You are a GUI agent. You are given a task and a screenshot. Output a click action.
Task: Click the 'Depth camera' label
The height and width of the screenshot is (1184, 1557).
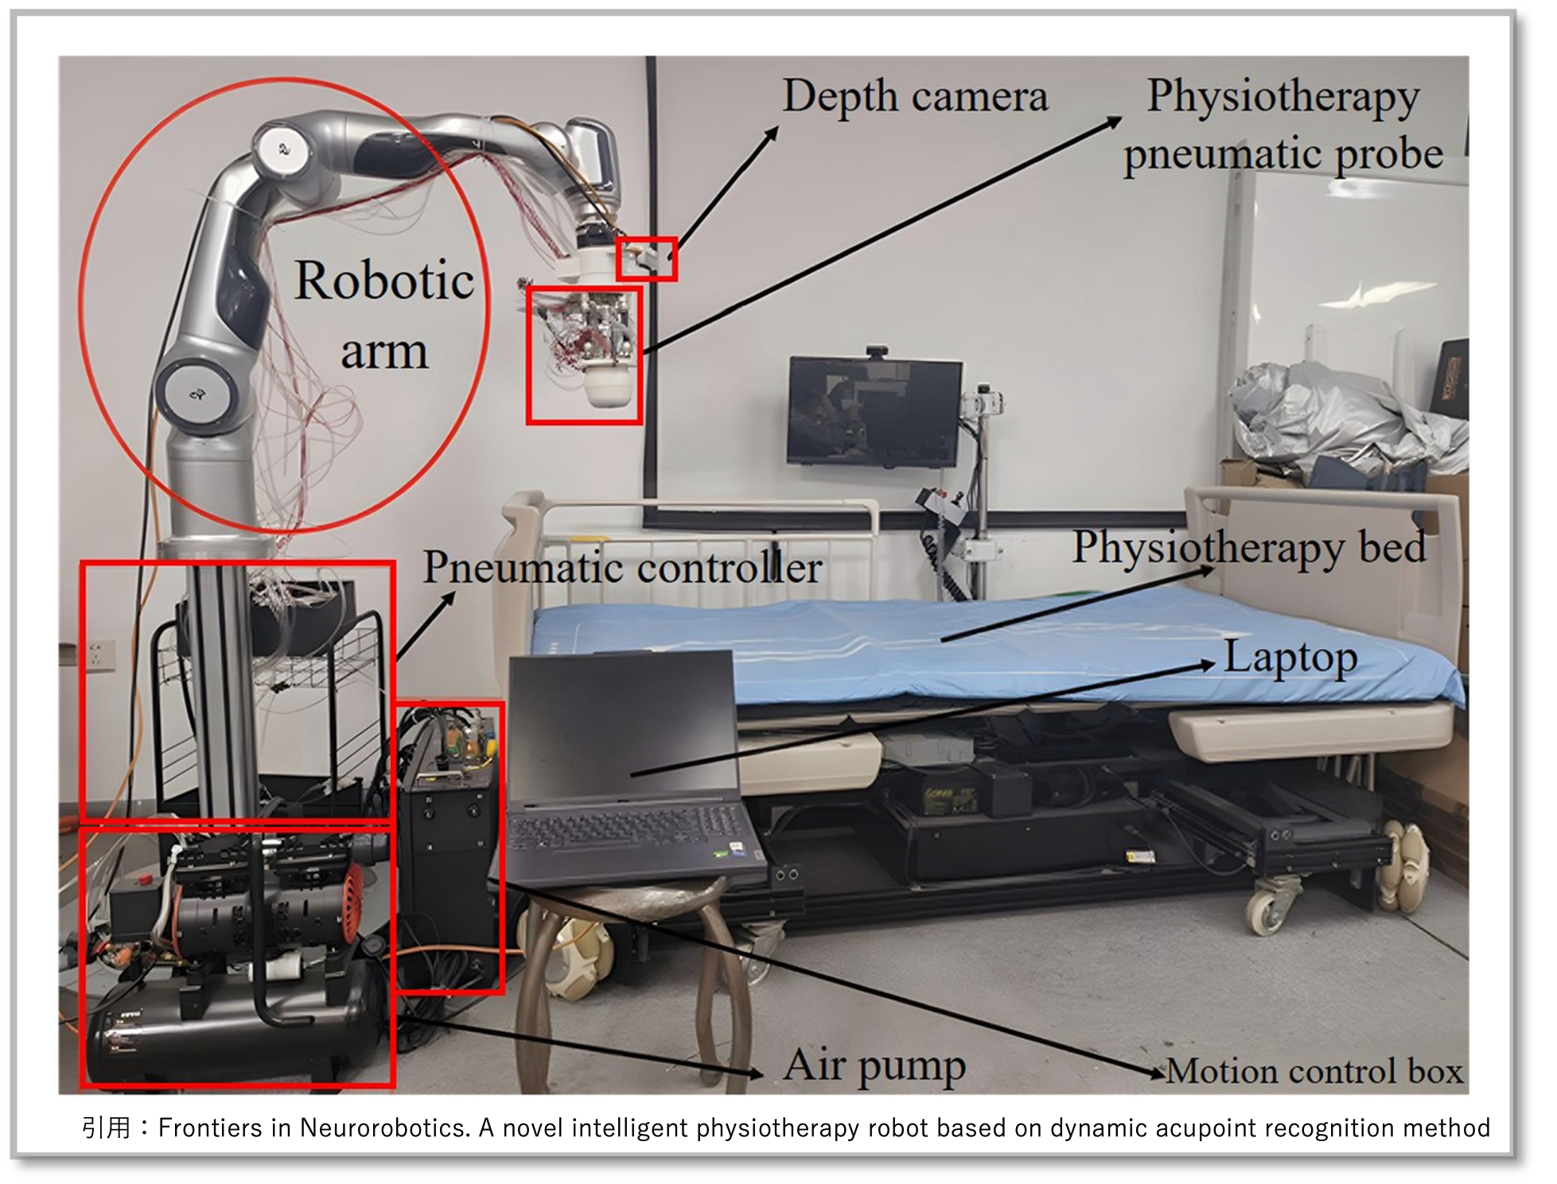click(x=915, y=97)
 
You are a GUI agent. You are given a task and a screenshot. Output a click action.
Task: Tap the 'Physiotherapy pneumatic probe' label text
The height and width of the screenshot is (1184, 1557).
click(x=1283, y=125)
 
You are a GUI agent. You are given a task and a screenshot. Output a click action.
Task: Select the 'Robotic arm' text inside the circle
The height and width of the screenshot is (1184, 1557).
click(x=383, y=315)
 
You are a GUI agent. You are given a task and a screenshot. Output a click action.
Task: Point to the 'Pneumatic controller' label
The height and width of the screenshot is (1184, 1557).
click(x=621, y=568)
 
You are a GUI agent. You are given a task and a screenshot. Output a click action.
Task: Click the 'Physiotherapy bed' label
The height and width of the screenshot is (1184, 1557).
click(x=1248, y=547)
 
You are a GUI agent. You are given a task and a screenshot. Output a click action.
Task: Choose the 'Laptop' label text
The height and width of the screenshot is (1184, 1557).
click(x=1290, y=657)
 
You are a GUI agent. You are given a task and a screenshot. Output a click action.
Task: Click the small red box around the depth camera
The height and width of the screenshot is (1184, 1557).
click(x=646, y=258)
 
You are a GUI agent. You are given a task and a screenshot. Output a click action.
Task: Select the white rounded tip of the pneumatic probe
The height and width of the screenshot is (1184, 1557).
click(x=609, y=390)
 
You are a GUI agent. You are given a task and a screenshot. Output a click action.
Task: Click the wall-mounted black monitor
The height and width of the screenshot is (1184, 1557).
click(x=874, y=410)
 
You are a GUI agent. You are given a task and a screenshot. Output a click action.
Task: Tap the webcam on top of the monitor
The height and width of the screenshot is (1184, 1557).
click(x=876, y=351)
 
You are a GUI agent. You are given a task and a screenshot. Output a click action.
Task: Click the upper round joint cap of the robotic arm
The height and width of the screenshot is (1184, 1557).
click(x=280, y=148)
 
